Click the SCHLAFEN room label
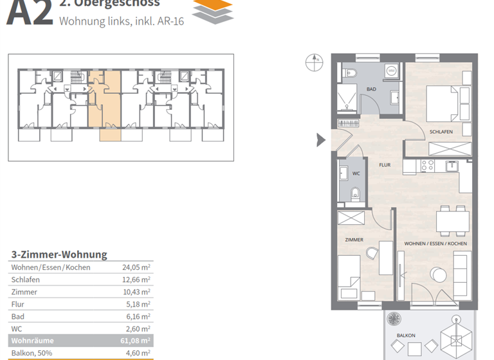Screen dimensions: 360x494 tap(441, 132)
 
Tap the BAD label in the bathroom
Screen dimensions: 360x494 tap(372, 89)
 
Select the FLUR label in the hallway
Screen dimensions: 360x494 tap(385, 165)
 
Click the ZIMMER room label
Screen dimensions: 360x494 tap(354, 240)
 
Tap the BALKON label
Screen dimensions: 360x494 tap(405, 336)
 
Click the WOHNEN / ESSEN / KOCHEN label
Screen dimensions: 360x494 tap(435, 244)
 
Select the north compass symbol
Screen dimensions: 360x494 tap(315, 62)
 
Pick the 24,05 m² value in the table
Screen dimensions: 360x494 tap(136, 267)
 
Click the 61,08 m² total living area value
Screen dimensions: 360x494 tap(136, 341)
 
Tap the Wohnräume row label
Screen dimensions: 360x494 tap(32, 341)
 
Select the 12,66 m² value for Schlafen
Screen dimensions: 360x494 tap(136, 280)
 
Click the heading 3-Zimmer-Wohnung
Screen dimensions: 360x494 tap(59, 255)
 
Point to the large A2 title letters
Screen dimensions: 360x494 tap(29, 13)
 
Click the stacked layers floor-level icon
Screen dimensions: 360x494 tap(213, 11)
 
